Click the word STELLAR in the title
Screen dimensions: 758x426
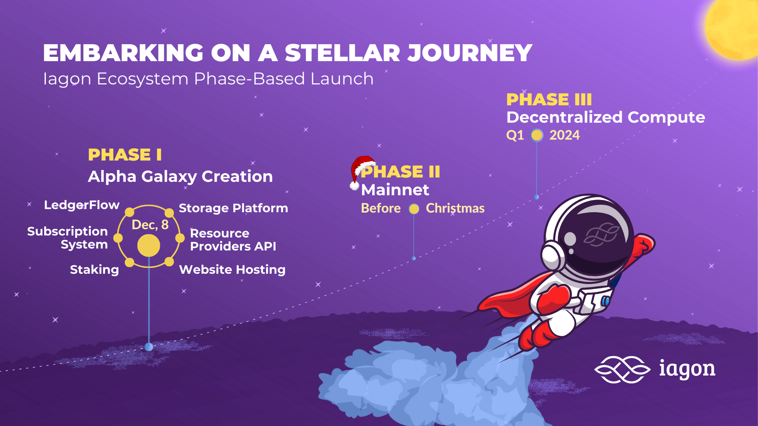pos(342,53)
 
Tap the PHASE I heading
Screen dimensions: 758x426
pos(125,155)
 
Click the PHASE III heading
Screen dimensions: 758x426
pos(549,99)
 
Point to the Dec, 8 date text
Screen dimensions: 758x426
pos(150,225)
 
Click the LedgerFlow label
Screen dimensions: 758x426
pos(82,205)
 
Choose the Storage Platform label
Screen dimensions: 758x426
pos(233,208)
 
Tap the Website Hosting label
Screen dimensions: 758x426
pos(232,270)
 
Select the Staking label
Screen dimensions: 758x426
pos(94,270)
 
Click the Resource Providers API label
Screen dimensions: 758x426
pos(233,240)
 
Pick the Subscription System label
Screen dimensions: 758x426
pos(68,238)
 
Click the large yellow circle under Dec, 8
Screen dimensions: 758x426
pos(149,245)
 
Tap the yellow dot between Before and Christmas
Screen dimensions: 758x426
pos(414,209)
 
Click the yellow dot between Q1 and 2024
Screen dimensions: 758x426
pos(537,135)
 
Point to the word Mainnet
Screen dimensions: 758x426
pos(395,190)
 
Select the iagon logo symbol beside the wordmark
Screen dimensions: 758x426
pos(622,370)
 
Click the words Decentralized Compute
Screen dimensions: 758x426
pos(606,118)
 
